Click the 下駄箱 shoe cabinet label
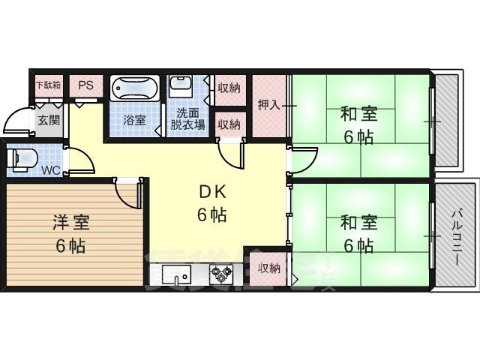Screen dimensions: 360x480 [x=49, y=85]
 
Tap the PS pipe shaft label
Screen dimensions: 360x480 [x=85, y=85]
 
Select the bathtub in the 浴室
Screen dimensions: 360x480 [x=135, y=90]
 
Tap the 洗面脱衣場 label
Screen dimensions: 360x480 [x=187, y=119]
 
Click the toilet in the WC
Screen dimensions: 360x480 [x=20, y=158]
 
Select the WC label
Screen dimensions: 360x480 [x=51, y=170]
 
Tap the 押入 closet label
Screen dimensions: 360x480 [x=268, y=105]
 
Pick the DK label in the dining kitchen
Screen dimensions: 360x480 [x=212, y=190]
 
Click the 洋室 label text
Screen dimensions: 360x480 [x=71, y=223]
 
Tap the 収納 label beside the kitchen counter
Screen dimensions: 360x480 [x=268, y=268]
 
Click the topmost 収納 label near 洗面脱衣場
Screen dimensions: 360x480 [x=229, y=88]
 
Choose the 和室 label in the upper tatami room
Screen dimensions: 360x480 [x=358, y=115]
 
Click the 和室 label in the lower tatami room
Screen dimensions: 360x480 [x=358, y=223]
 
